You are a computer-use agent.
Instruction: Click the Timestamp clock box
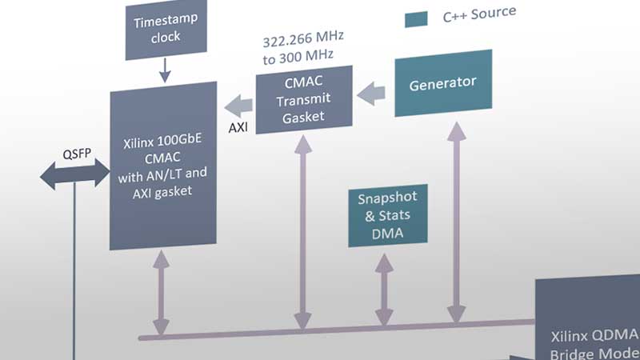[166, 29]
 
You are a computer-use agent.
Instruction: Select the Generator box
[443, 83]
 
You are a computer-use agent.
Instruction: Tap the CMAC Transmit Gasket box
[304, 99]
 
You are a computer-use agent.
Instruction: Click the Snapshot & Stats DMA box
[388, 215]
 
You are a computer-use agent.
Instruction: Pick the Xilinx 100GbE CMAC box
[163, 166]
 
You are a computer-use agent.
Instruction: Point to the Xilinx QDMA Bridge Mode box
[588, 318]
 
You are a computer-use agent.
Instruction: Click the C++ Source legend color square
[416, 19]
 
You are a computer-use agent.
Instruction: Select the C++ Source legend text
[479, 14]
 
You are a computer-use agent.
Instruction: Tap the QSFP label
[77, 154]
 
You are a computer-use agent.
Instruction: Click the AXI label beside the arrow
[238, 128]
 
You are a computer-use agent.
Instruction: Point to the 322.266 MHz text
[303, 39]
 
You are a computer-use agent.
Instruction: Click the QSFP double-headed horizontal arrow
[74, 174]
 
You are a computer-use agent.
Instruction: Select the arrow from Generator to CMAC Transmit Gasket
[371, 94]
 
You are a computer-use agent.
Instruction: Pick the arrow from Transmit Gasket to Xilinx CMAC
[238, 106]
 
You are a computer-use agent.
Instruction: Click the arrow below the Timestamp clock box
[165, 70]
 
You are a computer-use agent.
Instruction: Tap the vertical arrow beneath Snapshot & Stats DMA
[384, 290]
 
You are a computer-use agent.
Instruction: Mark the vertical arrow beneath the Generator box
[456, 223]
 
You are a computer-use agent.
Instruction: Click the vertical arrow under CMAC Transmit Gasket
[303, 233]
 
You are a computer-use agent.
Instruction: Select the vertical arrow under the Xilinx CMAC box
[162, 293]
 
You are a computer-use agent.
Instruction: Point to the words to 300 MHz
[298, 57]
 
